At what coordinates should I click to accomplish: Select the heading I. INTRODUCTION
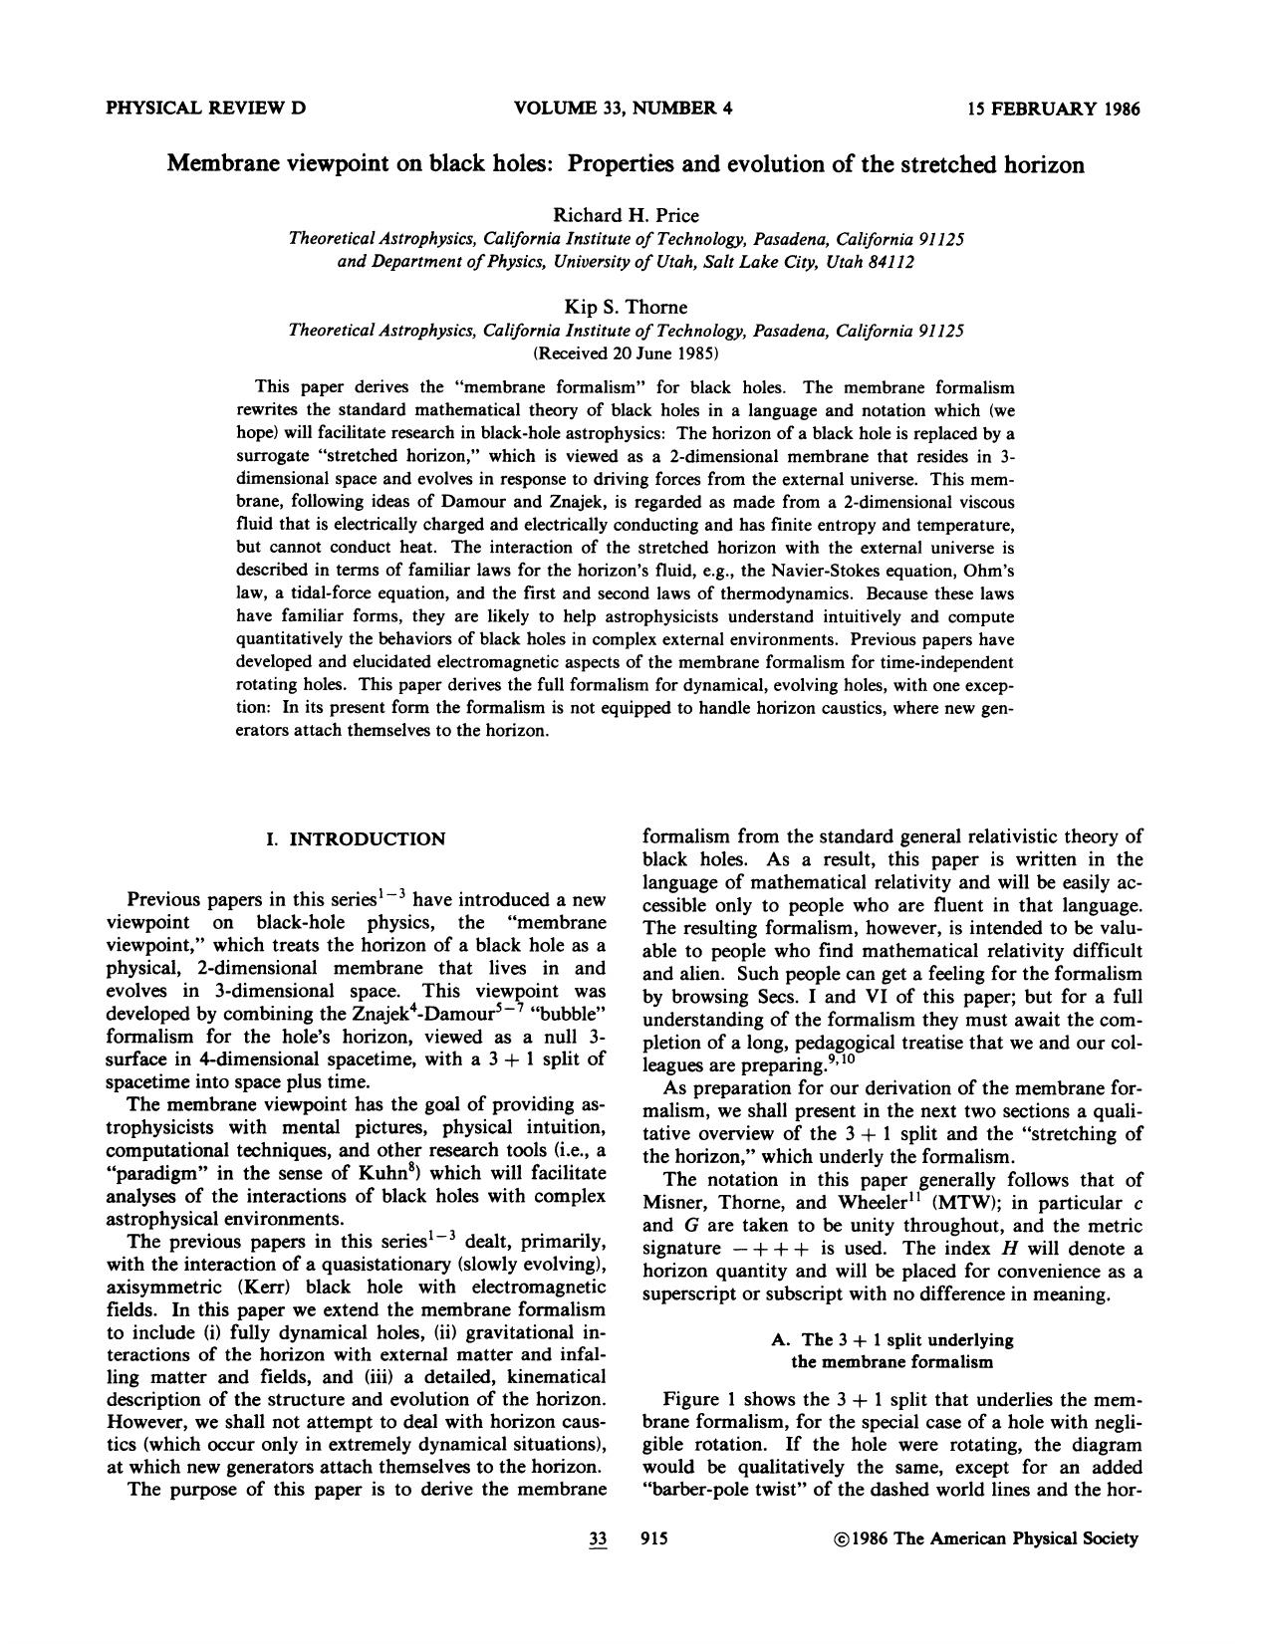click(x=356, y=839)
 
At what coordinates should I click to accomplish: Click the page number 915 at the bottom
click(x=654, y=1538)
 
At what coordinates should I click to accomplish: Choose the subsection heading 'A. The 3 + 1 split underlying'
click(x=892, y=1339)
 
